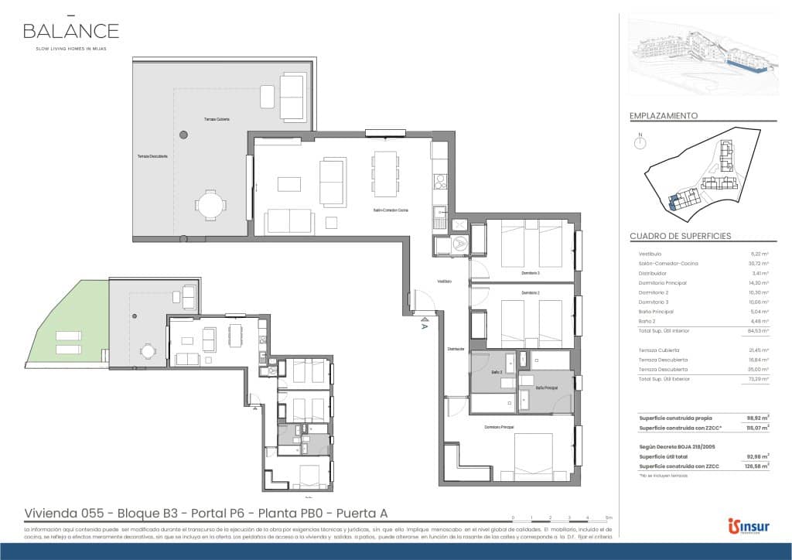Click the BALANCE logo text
coord(70,31)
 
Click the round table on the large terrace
coord(210,206)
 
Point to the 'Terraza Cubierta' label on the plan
coord(217,119)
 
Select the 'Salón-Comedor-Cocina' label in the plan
coord(391,210)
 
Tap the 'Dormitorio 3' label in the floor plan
coord(530,273)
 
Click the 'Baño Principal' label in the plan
coord(547,388)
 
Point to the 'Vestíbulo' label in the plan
coord(444,282)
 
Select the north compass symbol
coord(640,142)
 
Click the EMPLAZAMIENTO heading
coord(664,115)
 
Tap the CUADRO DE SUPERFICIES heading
coord(681,236)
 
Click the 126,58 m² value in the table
coord(759,466)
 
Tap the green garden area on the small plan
coord(66,325)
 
